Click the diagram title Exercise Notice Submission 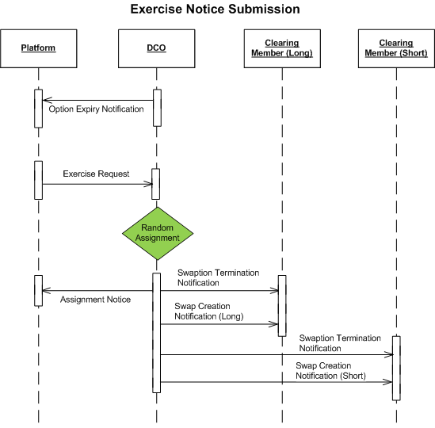[x=215, y=10]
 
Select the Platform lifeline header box [x=39, y=48]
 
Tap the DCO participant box [x=156, y=48]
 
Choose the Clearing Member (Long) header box [x=282, y=48]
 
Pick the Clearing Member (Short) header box [x=396, y=48]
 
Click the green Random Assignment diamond [x=158, y=233]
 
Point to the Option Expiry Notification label [x=96, y=109]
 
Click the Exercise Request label [x=96, y=174]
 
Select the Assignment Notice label [x=95, y=300]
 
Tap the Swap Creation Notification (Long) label [x=209, y=311]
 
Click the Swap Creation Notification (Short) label [x=330, y=371]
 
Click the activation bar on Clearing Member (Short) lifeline [x=396, y=368]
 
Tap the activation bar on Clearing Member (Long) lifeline [x=282, y=306]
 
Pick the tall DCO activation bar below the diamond [x=156, y=333]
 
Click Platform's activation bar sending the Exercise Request [x=39, y=180]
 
